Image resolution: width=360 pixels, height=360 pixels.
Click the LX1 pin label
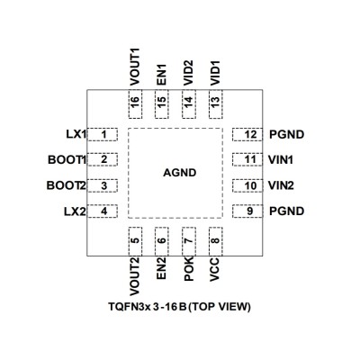pos(76,134)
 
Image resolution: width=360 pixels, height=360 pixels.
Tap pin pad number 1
pos(103,135)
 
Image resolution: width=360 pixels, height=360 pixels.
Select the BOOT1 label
pos(67,160)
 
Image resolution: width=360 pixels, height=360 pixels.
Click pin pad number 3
pos(103,185)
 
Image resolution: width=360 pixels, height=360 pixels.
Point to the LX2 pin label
pos(75,211)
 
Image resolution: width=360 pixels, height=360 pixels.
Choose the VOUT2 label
pos(135,276)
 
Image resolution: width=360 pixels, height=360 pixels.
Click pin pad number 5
pos(135,241)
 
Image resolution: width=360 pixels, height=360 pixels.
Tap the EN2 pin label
pos(161,268)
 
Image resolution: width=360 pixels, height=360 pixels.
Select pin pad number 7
pos(189,241)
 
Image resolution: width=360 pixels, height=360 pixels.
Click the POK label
pos(189,269)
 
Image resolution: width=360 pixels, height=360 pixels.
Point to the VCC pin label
pos(215,269)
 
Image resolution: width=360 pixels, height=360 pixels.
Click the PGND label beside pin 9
pos(286,211)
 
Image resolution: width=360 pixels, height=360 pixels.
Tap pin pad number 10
pos(247,185)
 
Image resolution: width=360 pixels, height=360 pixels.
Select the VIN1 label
pos(281,159)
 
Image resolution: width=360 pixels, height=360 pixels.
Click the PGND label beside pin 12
pos(286,134)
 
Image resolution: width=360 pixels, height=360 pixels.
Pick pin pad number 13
pos(215,103)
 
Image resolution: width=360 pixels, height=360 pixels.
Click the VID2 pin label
pos(188,73)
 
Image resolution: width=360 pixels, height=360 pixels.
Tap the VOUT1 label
pos(135,67)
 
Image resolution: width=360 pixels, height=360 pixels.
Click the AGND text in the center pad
pos(180,173)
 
